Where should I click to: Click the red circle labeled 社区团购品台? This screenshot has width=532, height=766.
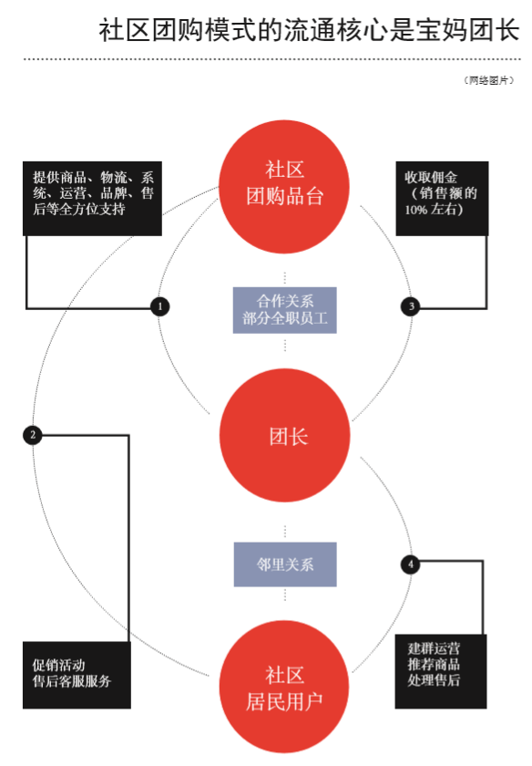284,187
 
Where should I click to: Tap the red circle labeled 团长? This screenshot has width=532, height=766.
285,435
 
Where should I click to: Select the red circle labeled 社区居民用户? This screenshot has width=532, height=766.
284,687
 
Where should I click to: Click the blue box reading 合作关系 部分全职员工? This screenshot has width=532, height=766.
284,310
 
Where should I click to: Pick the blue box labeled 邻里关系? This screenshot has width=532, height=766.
285,564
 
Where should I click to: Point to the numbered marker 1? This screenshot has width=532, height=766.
160,306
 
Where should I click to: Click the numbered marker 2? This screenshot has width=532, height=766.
33,435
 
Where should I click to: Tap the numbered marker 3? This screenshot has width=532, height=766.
411,306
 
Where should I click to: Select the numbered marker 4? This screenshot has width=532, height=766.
411,564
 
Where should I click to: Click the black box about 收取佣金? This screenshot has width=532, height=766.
442,199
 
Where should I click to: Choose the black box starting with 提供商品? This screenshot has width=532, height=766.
92,199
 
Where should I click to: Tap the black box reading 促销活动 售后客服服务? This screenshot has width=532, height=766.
77,675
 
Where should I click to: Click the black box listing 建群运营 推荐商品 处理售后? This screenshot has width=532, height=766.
441,671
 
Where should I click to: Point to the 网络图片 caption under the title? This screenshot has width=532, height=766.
488,80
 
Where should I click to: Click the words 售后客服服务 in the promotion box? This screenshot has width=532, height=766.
72,681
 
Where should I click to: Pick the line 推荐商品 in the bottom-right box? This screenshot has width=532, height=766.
434,664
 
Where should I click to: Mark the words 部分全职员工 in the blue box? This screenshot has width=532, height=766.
285,318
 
